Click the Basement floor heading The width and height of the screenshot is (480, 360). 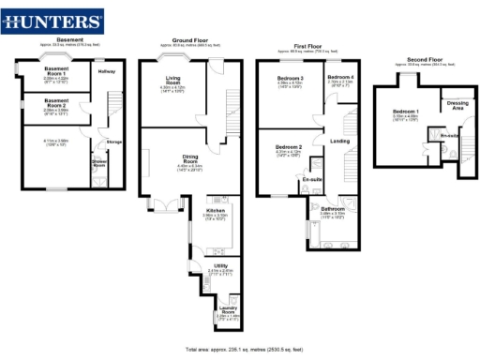(70, 39)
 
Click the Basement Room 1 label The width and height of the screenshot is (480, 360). (57, 76)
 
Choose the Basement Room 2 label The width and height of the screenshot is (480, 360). (57, 101)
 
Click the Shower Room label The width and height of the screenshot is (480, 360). (98, 161)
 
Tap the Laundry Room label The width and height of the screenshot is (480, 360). (227, 307)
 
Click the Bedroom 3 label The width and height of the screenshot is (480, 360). (290, 77)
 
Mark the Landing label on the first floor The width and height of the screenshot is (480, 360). (340, 141)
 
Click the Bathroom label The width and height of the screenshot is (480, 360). (333, 208)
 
